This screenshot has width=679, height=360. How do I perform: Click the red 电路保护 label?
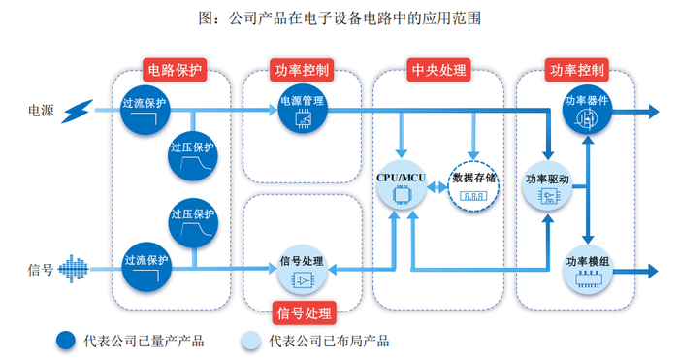click(x=176, y=71)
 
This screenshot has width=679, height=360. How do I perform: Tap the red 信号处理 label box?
click(x=304, y=312)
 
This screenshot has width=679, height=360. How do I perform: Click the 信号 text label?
click(x=40, y=269)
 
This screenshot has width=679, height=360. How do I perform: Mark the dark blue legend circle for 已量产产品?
click(x=66, y=340)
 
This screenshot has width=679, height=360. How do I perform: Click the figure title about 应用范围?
click(x=339, y=17)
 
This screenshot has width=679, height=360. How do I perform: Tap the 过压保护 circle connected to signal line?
click(x=193, y=222)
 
